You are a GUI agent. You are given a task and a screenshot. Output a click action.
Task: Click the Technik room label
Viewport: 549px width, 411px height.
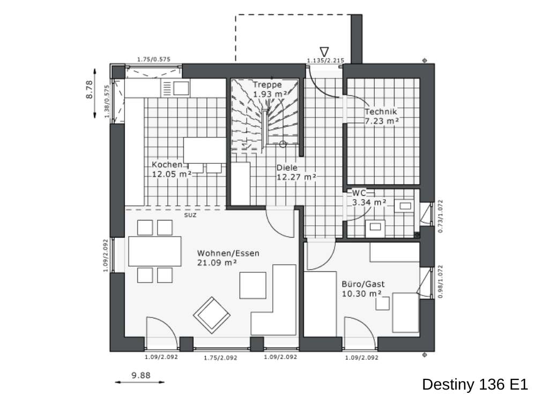pyautogui.click(x=381, y=117)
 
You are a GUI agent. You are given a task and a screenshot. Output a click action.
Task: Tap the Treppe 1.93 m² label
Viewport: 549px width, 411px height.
pyautogui.click(x=267, y=89)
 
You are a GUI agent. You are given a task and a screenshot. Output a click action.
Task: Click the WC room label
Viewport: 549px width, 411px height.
pyautogui.click(x=368, y=197)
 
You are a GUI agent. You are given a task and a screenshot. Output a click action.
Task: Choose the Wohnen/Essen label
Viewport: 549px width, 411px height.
pyautogui.click(x=228, y=257)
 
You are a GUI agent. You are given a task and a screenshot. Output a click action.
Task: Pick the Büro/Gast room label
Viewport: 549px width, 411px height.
pyautogui.click(x=363, y=289)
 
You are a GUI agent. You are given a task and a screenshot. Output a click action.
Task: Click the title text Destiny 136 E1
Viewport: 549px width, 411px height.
pyautogui.click(x=475, y=384)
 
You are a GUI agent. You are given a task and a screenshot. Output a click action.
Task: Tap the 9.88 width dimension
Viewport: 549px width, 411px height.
pyautogui.click(x=141, y=376)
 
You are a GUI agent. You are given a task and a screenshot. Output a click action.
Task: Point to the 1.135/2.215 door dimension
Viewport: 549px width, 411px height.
pyautogui.click(x=325, y=60)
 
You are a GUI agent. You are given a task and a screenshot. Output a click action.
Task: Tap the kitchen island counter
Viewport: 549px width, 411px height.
pyautogui.click(x=205, y=150)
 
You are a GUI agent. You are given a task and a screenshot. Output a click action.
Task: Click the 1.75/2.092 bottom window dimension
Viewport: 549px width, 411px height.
pyautogui.click(x=220, y=357)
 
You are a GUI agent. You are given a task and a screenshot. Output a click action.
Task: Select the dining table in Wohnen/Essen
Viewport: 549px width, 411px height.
pyautogui.click(x=155, y=252)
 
